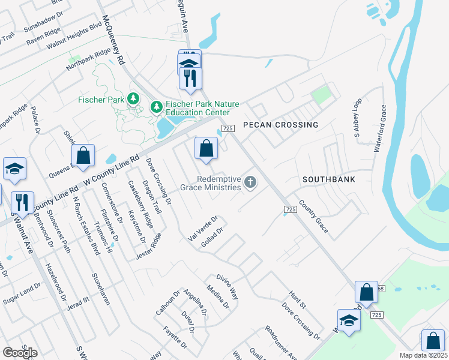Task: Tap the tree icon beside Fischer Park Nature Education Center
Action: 157,107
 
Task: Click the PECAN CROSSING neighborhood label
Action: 280,125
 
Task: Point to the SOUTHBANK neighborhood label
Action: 329,179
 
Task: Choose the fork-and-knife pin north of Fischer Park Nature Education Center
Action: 191,78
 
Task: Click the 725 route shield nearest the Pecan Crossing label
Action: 227,128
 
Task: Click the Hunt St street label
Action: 297,297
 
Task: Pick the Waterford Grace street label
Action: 378,129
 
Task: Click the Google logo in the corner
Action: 20,353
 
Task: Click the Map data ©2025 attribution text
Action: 423,355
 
